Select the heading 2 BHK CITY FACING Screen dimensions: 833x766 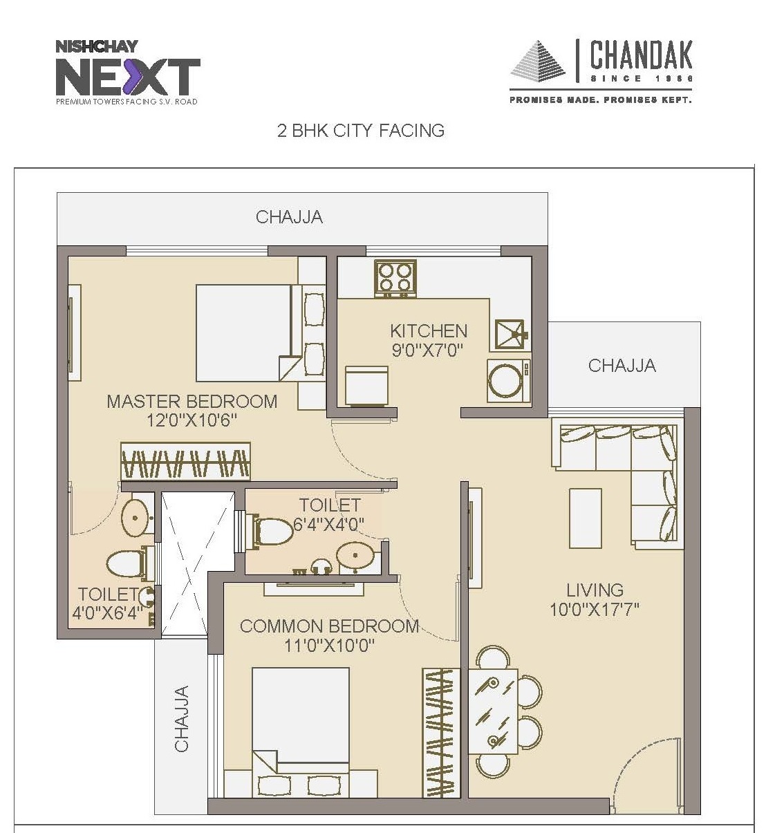[360, 131]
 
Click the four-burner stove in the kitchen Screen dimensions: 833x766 [395, 279]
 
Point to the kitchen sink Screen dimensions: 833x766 [511, 335]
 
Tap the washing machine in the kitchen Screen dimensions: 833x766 [508, 380]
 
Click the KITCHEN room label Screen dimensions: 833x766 [428, 330]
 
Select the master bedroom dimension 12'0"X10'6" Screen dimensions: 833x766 [192, 420]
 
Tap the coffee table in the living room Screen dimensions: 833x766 [585, 518]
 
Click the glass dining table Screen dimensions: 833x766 [492, 711]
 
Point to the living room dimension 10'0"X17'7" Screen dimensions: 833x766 [594, 609]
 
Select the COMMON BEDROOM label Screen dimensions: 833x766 [329, 626]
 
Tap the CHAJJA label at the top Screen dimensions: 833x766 [289, 217]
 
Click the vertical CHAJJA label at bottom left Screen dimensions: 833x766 [181, 718]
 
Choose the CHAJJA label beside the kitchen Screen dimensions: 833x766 [622, 365]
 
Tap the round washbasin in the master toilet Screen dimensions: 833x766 [136, 516]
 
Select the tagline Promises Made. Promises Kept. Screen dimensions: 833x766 [600, 100]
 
